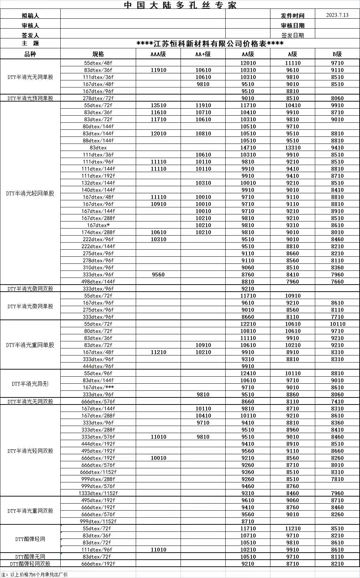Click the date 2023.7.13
coord(337,15)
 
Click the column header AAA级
coord(158,54)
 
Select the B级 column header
coord(337,54)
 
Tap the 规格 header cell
coord(98,54)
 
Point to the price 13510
coord(158,105)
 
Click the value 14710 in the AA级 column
coord(248,148)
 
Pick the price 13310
coord(293,148)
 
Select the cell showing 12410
coord(248,373)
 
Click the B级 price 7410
coord(337,402)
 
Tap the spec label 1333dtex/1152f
coord(98,493)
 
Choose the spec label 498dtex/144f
coord(98,282)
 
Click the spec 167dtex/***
coord(98,388)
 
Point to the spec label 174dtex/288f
coord(98,232)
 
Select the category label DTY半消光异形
coord(30,384)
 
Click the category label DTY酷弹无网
coord(30,557)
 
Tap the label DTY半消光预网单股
coord(30,98)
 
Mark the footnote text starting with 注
coord(34,574)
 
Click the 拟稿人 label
coord(30,16)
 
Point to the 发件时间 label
coord(292,16)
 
